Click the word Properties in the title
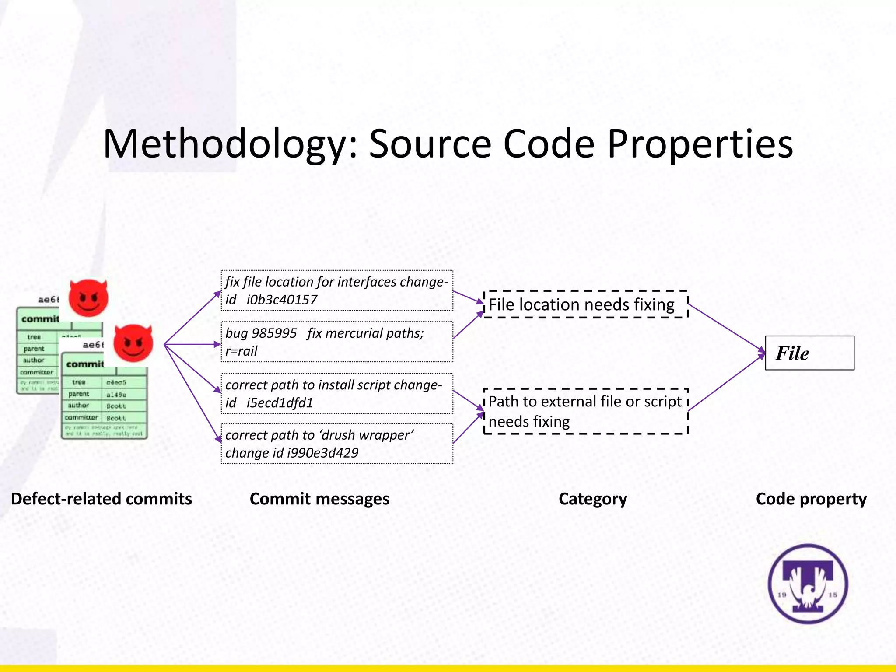(x=700, y=144)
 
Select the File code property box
(x=809, y=353)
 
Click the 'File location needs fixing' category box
(x=586, y=304)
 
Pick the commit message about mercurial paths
(x=337, y=342)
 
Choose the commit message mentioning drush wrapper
(x=337, y=444)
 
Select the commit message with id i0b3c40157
(x=337, y=290)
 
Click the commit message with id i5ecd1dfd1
(x=337, y=393)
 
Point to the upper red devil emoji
(x=88, y=298)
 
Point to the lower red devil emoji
(x=133, y=343)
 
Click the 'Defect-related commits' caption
(x=101, y=499)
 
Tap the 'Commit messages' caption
(x=319, y=499)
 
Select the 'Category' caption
(x=593, y=499)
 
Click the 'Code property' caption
(x=811, y=499)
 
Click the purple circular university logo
(x=808, y=584)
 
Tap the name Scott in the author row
(x=116, y=406)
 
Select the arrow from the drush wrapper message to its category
(x=467, y=428)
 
